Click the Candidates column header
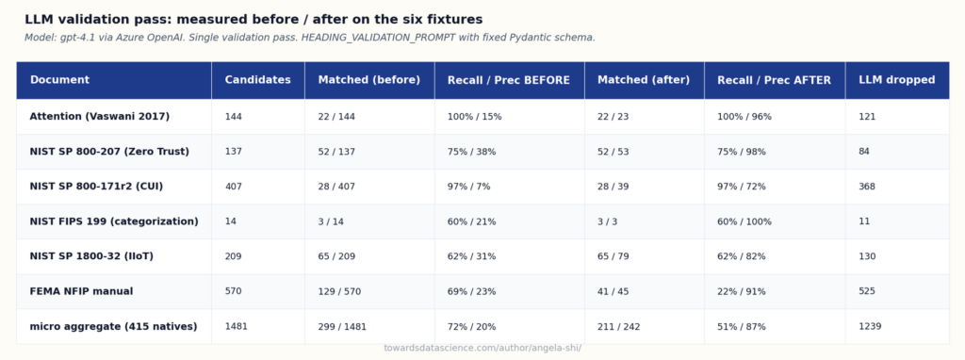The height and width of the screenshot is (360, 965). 258,80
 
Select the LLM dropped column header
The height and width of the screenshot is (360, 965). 897,80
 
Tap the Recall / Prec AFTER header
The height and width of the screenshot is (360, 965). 774,80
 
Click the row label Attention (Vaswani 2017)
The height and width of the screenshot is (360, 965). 100,116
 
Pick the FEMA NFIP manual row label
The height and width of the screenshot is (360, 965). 81,291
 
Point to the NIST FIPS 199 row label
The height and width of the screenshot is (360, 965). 114,221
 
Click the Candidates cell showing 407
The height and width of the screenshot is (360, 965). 234,187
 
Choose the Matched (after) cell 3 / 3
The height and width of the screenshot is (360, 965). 608,221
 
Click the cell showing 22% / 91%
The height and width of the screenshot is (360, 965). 742,291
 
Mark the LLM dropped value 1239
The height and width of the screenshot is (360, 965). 870,326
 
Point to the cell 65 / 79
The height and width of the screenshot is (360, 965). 613,256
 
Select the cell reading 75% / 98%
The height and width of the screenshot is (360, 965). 742,152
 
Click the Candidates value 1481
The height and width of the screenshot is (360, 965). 237,326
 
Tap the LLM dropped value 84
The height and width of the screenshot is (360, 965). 864,152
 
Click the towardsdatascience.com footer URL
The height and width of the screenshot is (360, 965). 482,349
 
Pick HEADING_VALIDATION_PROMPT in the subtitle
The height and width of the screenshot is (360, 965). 379,38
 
